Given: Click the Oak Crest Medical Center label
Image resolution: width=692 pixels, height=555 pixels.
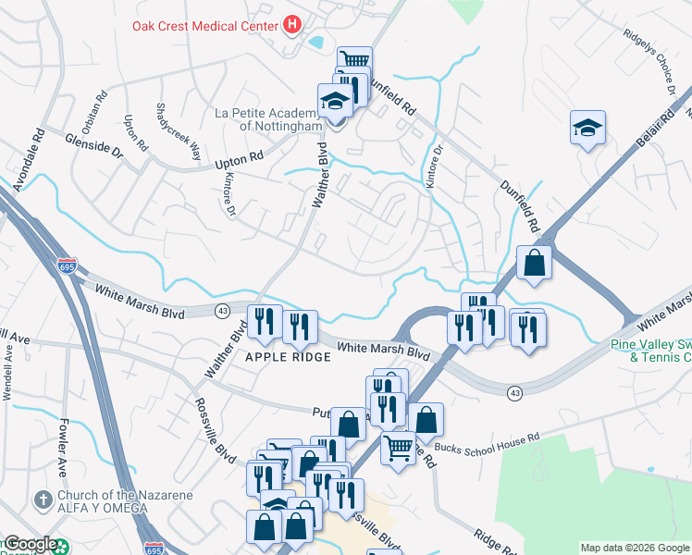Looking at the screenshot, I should point(205,24).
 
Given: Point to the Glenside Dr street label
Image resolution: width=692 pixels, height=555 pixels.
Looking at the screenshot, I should point(93,142).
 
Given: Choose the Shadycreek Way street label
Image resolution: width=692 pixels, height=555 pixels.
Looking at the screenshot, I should point(178,131).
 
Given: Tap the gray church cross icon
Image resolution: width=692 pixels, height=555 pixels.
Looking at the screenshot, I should point(41,500).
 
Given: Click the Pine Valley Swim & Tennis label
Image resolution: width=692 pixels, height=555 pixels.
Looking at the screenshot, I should point(651,351).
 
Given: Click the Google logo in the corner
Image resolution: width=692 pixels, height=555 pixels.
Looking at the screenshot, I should point(31,545).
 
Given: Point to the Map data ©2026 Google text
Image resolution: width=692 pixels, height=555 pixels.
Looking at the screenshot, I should point(635,548).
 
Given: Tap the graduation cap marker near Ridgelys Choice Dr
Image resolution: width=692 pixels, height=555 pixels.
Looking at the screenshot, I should point(587,128).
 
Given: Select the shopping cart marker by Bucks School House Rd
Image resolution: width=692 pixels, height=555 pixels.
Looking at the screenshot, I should point(398,449).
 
